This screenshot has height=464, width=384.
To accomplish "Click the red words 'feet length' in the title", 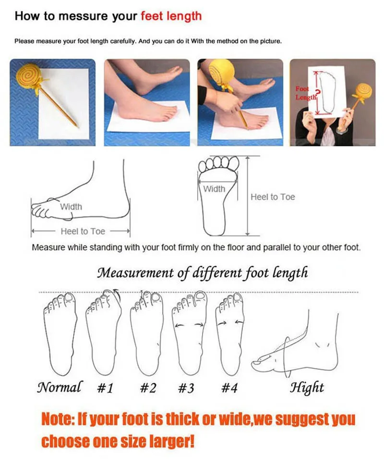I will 171,16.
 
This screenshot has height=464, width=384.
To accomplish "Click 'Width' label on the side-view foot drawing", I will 71,207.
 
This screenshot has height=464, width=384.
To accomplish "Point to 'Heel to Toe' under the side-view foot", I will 83,232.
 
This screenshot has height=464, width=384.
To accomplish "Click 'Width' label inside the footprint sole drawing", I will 214,189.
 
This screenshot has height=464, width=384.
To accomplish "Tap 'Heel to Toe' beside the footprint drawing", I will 273,197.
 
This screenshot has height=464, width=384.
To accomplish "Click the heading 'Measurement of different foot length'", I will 202,273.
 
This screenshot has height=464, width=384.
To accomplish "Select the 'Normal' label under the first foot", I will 60,387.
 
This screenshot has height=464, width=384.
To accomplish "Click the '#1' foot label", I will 105,388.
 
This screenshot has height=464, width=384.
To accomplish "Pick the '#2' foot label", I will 148,388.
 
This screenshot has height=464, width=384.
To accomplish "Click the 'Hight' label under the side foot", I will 307,387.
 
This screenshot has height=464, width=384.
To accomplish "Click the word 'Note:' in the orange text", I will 59,419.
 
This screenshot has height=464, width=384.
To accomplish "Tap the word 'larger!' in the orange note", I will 171,440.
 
